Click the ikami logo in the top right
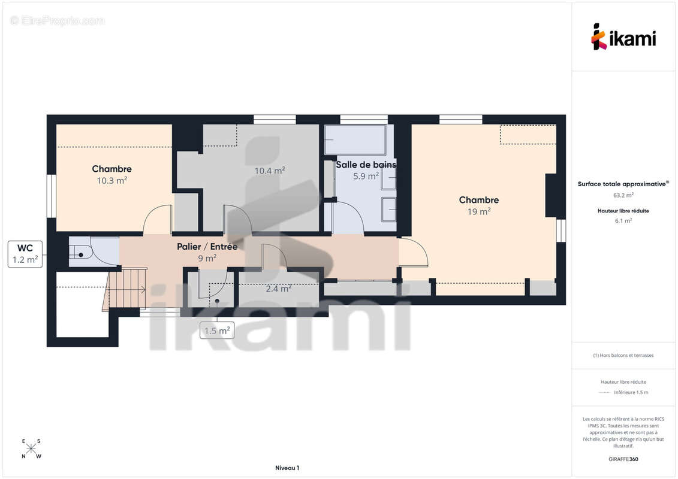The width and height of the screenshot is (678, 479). click(x=623, y=37)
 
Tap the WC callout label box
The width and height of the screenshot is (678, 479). click(x=25, y=254)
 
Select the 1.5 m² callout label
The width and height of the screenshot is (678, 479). click(x=216, y=331)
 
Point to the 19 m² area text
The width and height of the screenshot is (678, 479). click(x=478, y=211)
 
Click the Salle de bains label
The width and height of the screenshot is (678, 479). click(x=366, y=165)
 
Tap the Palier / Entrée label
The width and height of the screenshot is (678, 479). click(x=207, y=247)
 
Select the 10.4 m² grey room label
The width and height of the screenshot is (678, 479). click(x=269, y=171)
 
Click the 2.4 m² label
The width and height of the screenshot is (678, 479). click(x=279, y=289)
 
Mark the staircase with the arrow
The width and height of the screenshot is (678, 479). click(x=125, y=289)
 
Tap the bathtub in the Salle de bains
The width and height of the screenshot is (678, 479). click(x=355, y=140)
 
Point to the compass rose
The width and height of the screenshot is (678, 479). click(x=31, y=448)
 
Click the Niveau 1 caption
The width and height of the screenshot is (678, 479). click(x=287, y=468)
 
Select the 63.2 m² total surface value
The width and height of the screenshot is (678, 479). click(x=623, y=195)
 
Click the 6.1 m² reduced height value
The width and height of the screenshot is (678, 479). click(x=623, y=220)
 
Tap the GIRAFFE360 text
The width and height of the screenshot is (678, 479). click(x=623, y=459)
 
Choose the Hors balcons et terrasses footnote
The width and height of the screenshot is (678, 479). click(x=623, y=355)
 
